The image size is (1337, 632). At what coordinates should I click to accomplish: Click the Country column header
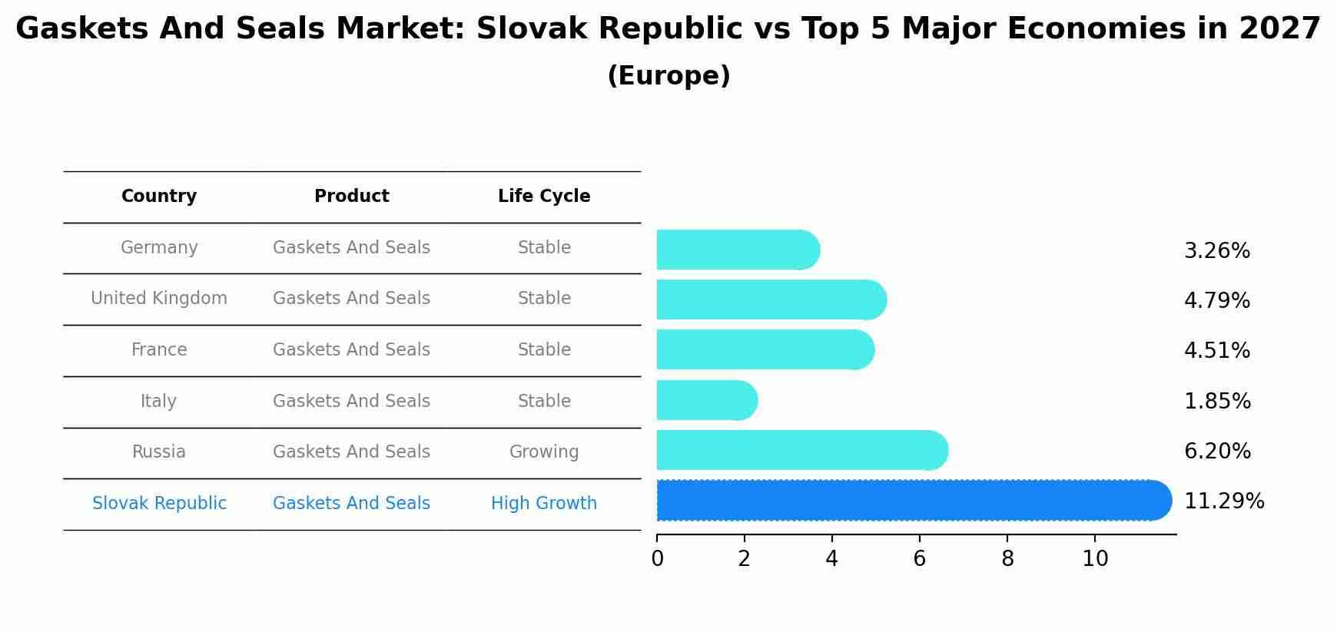coord(159,197)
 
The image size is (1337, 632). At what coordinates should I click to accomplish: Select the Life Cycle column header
coord(544,197)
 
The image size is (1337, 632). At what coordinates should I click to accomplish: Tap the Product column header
coord(352,197)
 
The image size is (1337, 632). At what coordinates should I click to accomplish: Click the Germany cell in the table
coord(159,248)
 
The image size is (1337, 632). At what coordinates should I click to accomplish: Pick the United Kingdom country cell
coord(159,299)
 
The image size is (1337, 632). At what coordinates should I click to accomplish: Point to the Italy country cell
coord(159,401)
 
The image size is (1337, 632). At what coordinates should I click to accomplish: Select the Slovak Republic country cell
coord(159,504)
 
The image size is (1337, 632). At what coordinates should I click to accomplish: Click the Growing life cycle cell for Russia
coord(544,452)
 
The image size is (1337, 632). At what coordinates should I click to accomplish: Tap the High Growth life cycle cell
coord(544,504)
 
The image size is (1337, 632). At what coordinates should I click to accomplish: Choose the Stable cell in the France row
coord(544,350)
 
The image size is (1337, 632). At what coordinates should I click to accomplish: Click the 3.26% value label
coord(1217,251)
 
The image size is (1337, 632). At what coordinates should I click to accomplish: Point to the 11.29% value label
coord(1224,501)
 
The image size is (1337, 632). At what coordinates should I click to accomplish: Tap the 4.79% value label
coord(1217,301)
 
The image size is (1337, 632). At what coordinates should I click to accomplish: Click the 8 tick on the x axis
coord(1007,559)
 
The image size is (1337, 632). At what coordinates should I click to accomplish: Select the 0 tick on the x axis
coord(657,559)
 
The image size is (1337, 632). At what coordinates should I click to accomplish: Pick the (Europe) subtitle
coord(668,76)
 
